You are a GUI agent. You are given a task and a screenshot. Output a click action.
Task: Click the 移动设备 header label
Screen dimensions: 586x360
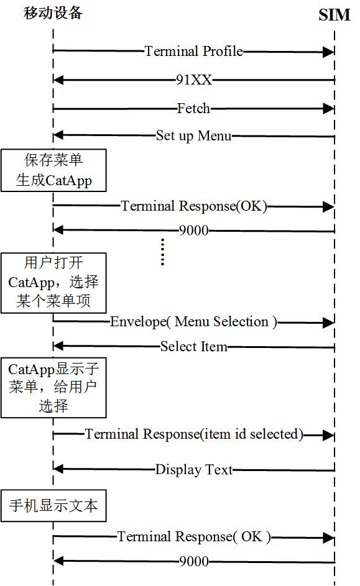(53, 13)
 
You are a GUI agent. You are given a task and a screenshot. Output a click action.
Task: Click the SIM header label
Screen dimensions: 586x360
(335, 15)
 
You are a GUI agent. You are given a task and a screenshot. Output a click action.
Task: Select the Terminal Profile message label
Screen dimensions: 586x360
(193, 51)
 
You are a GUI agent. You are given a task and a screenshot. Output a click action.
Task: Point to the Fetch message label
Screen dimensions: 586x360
(193, 108)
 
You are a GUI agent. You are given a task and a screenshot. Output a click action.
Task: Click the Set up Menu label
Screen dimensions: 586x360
(193, 135)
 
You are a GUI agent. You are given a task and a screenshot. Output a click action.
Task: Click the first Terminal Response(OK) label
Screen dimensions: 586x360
(193, 206)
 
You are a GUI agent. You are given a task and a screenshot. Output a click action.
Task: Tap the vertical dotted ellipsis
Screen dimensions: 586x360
(163, 252)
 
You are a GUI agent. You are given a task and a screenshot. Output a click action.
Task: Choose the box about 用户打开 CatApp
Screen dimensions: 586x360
(53, 283)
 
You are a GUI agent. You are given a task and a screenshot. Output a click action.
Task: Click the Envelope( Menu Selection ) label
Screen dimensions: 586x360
(193, 322)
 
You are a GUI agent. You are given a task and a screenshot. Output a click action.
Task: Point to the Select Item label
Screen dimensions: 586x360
(193, 346)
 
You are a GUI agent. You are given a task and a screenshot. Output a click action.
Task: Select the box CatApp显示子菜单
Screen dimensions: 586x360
(53, 388)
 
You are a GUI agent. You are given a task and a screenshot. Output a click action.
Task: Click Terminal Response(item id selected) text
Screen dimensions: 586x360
(193, 434)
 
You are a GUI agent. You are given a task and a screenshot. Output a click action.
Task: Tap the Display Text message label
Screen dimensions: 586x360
(193, 469)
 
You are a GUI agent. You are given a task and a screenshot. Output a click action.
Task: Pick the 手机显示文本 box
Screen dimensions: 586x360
(53, 505)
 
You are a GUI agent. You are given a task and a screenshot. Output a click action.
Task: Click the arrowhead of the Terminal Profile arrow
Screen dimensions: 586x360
(329, 52)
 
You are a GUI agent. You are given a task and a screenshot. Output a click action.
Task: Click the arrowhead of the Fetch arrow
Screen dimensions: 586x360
(329, 109)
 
